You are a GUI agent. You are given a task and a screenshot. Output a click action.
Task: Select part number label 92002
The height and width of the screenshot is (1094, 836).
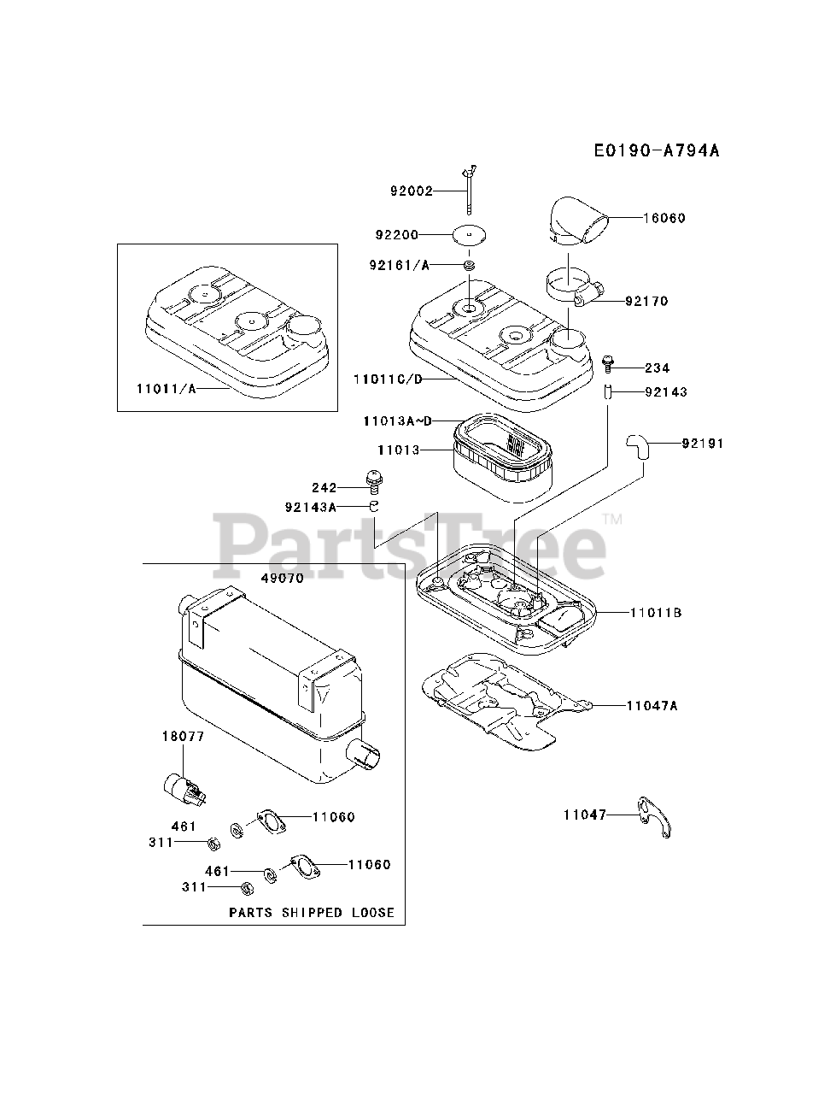click(412, 191)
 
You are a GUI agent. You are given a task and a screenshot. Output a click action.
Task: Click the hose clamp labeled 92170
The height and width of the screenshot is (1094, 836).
click(567, 286)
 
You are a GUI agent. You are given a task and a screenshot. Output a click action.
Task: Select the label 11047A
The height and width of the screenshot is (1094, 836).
click(652, 706)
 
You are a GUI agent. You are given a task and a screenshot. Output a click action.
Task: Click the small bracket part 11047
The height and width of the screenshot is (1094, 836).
click(656, 815)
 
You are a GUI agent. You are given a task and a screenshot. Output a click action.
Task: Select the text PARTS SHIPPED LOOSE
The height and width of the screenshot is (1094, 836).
click(312, 913)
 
